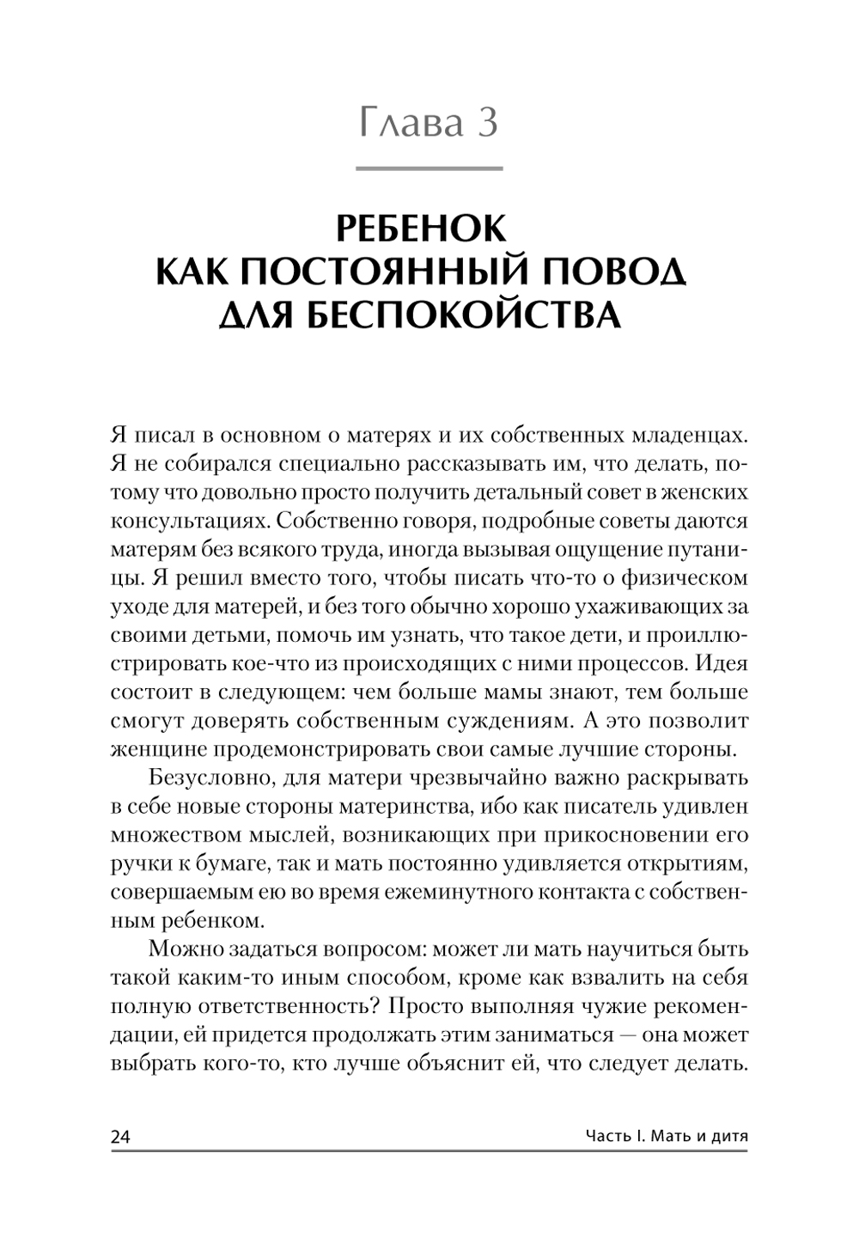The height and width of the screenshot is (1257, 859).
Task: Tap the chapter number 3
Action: click(x=485, y=124)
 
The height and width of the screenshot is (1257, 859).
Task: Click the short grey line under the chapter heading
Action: click(x=429, y=168)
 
